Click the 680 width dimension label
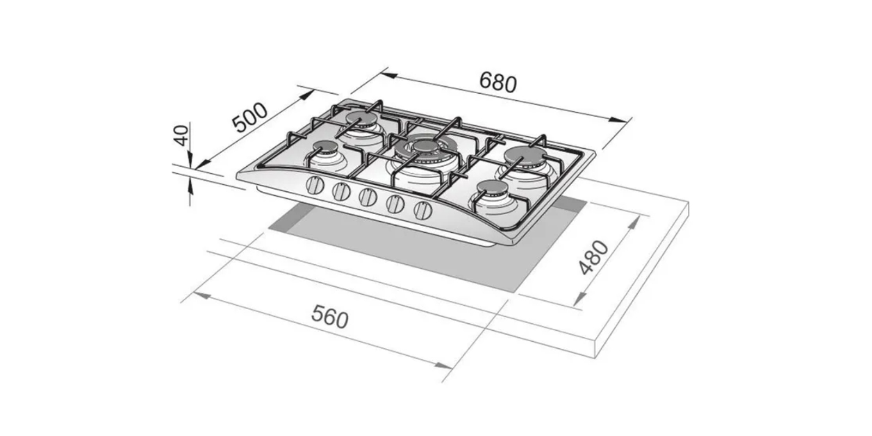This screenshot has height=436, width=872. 498,82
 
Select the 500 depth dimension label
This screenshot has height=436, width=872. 250,117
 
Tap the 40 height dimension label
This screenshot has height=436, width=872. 181,135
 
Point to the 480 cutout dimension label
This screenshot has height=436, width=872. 594,258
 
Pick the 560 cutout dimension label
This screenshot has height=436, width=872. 330,317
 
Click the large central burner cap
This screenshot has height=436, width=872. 426,147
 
